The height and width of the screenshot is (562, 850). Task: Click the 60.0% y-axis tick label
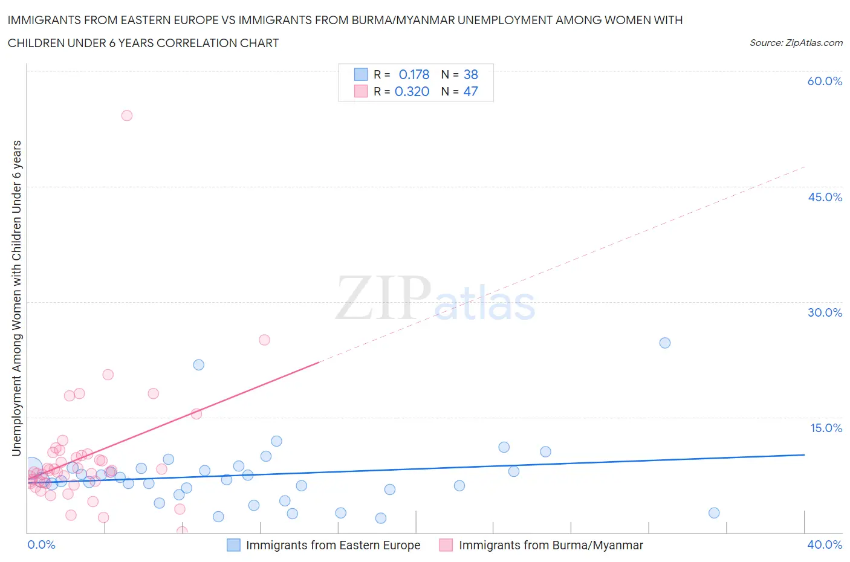pyautogui.click(x=825, y=81)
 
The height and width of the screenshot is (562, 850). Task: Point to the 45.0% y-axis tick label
pyautogui.click(x=825, y=197)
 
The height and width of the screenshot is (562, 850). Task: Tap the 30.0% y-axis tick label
pyautogui.click(x=825, y=312)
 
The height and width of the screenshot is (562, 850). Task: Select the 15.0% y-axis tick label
pyautogui.click(x=826, y=428)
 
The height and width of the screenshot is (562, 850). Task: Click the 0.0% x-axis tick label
pyautogui.click(x=41, y=544)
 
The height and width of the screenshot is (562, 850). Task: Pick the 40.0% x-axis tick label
pyautogui.click(x=825, y=544)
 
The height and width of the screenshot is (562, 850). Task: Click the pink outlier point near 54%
pyautogui.click(x=127, y=115)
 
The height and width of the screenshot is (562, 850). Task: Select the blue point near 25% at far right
pyautogui.click(x=665, y=343)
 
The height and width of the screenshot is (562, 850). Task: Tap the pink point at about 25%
pyautogui.click(x=264, y=340)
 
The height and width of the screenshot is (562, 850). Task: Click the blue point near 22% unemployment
pyautogui.click(x=199, y=365)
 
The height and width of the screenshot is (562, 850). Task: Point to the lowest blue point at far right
pyautogui.click(x=714, y=513)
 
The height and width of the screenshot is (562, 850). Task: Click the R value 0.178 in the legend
pyautogui.click(x=414, y=74)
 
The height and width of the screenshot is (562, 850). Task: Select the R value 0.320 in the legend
pyautogui.click(x=412, y=91)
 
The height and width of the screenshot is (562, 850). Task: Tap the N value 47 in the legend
pyautogui.click(x=470, y=91)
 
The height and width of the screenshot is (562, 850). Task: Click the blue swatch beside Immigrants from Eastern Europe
pyautogui.click(x=233, y=545)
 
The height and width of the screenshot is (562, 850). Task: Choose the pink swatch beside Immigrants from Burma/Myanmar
pyautogui.click(x=446, y=545)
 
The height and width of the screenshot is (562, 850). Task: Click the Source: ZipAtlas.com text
pyautogui.click(x=796, y=42)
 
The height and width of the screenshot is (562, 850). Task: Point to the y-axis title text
pyautogui.click(x=16, y=298)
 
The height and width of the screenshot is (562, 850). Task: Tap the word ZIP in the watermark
pyautogui.click(x=383, y=298)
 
